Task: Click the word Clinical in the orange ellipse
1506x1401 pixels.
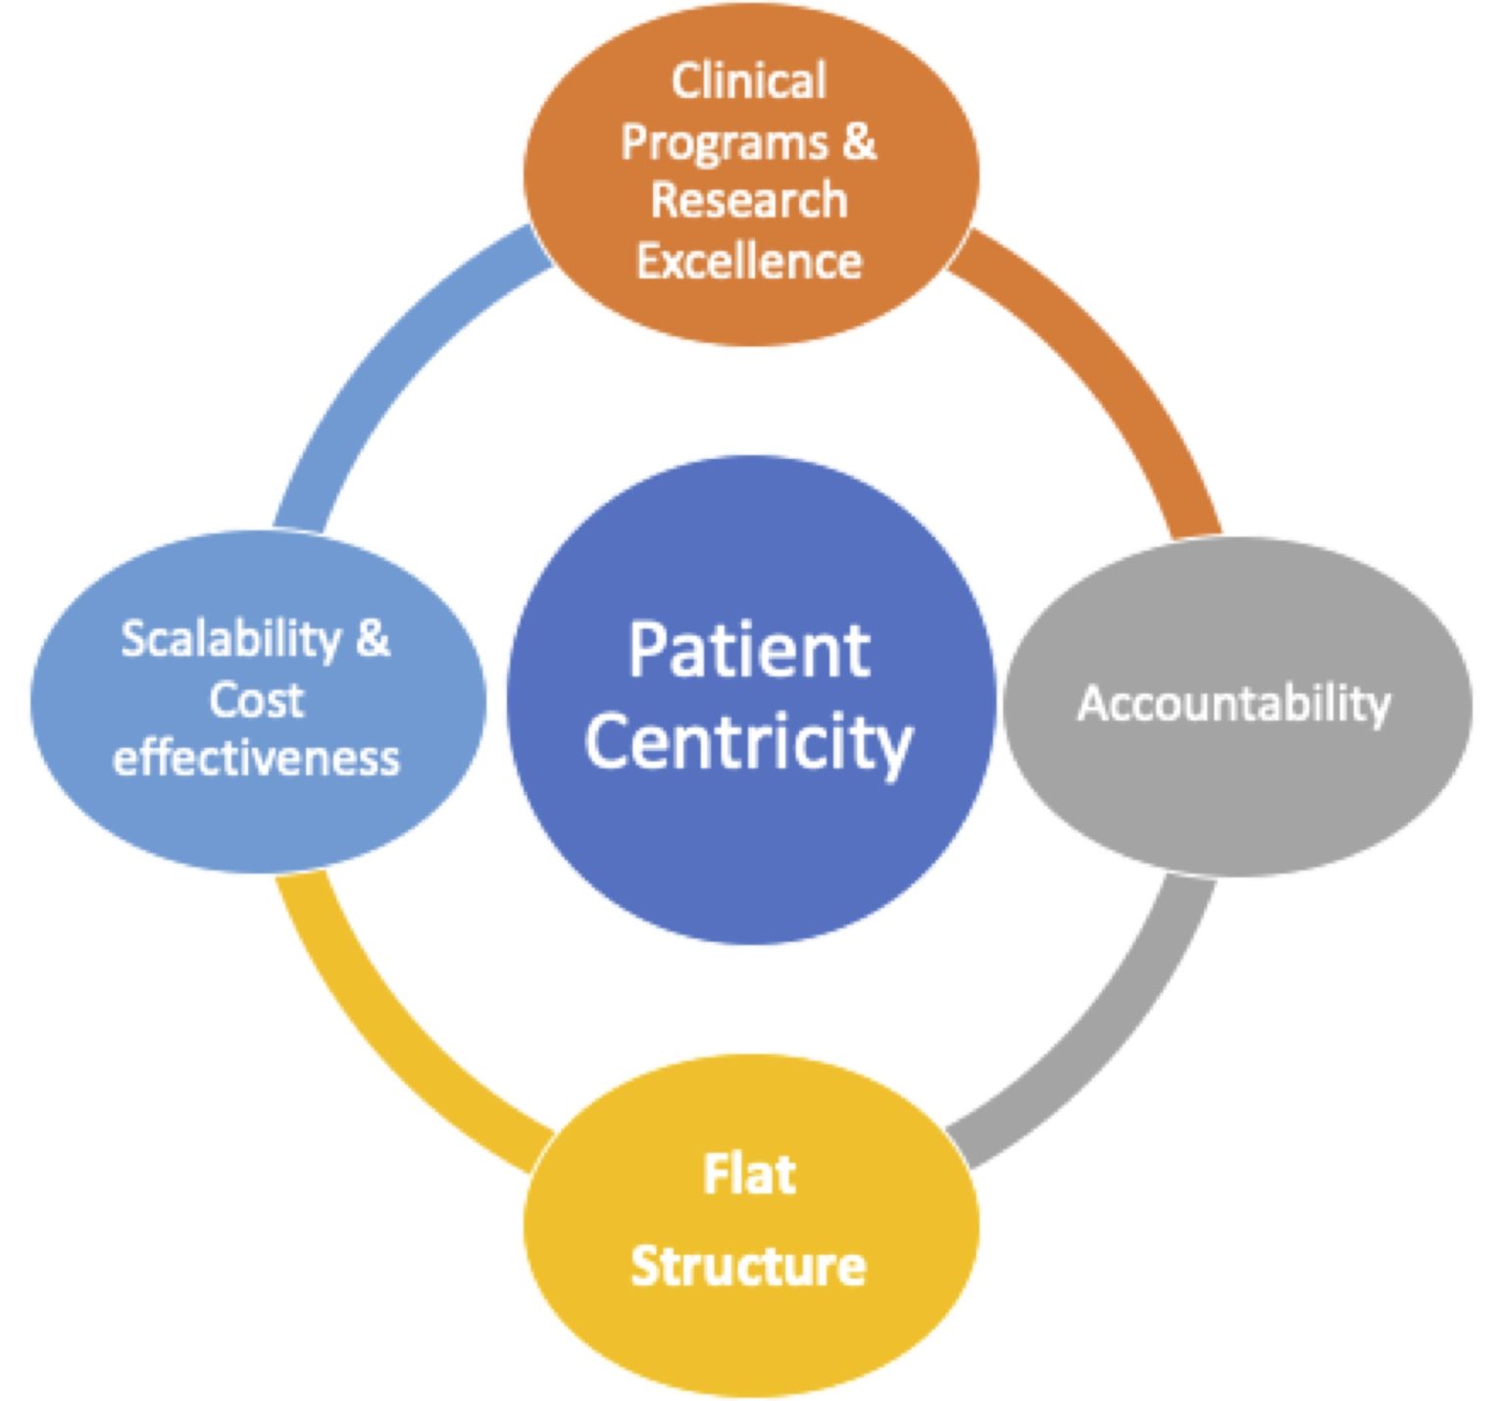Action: [749, 80]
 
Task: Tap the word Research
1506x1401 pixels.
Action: [749, 200]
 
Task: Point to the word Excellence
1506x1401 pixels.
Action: [749, 261]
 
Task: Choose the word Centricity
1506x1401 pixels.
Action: [749, 741]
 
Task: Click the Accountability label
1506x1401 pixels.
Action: [1234, 704]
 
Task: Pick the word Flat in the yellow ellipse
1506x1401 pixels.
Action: [749, 1174]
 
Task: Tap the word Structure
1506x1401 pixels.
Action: [748, 1266]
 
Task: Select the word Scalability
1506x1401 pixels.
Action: [231, 640]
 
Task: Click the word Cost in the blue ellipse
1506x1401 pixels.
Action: [257, 700]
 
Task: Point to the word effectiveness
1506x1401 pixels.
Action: [257, 758]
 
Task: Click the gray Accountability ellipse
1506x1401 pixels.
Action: [1237, 705]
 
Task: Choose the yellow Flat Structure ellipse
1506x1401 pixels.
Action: [751, 1226]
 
